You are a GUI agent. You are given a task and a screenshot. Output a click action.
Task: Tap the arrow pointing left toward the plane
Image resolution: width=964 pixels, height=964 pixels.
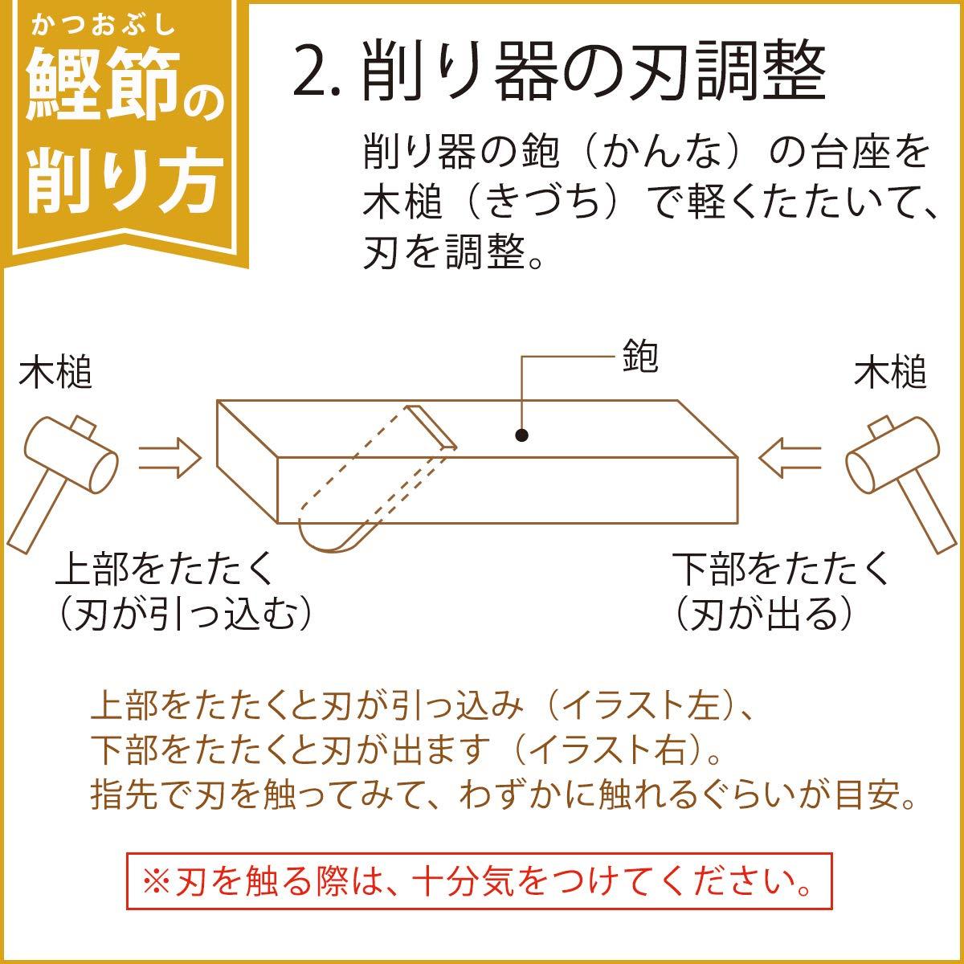pyautogui.click(x=791, y=459)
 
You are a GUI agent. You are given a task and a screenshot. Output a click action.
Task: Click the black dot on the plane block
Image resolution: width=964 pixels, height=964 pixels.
pyautogui.click(x=522, y=435)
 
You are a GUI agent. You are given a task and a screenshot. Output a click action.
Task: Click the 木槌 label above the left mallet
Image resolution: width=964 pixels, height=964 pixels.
pyautogui.click(x=55, y=374)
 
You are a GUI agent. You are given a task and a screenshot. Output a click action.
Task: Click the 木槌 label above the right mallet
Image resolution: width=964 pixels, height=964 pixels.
pyautogui.click(x=889, y=374)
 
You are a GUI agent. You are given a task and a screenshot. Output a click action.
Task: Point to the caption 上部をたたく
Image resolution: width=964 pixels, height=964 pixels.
pyautogui.click(x=165, y=571)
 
